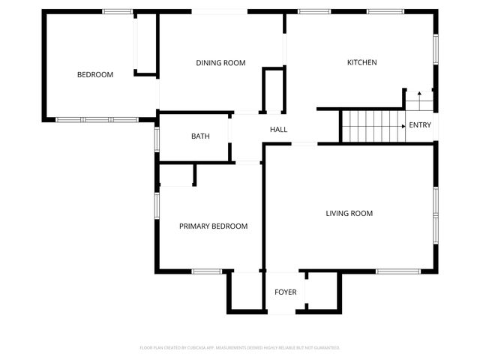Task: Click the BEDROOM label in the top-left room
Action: click(95, 75)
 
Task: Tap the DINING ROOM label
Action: click(220, 63)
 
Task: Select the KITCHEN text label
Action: click(361, 62)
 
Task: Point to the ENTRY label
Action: click(420, 125)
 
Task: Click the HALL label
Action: click(279, 130)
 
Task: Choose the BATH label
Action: click(200, 136)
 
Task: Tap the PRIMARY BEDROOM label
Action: click(213, 226)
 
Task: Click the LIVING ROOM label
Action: click(349, 214)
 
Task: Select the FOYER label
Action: click(285, 292)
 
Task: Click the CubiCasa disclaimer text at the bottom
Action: click(240, 348)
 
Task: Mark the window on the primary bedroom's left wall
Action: click(157, 205)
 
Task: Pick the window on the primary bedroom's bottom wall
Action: click(203, 271)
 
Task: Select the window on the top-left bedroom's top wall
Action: click(118, 11)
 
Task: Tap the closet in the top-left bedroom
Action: click(145, 43)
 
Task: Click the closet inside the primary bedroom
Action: click(177, 175)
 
